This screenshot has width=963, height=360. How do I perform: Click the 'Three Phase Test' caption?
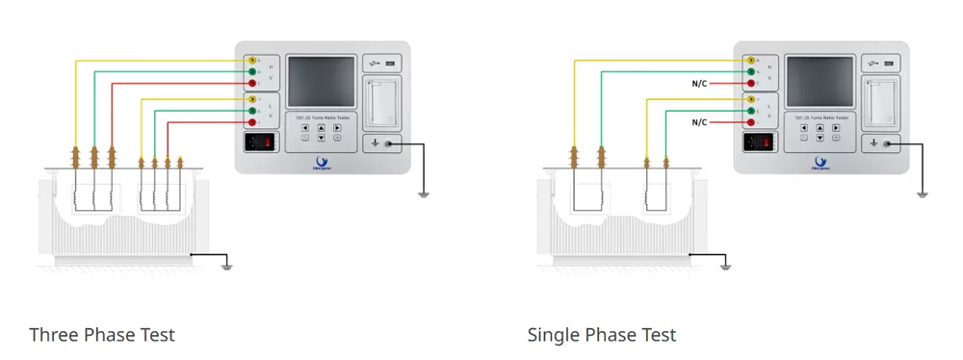pos(102,335)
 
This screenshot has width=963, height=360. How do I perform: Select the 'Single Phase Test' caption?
pos(602,335)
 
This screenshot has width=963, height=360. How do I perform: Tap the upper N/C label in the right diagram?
pos(699,84)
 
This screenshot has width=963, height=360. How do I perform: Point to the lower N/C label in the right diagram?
pos(699,122)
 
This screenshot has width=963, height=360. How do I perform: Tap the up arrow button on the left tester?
pos(321,127)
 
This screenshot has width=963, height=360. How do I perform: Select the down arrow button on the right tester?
pos(820,139)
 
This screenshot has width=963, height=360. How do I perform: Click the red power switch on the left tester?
pos(261,141)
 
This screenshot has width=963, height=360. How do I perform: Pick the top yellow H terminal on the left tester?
pos(251,61)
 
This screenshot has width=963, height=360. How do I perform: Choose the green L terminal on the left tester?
pos(251,111)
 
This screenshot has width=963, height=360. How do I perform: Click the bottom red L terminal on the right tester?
pos(750,122)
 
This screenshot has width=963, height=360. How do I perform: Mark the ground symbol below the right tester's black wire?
pos(923,194)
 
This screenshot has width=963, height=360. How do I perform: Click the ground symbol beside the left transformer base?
pos(227,264)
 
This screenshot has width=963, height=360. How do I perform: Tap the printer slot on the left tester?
pos(380,98)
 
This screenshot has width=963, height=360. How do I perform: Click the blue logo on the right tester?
pos(820,162)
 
